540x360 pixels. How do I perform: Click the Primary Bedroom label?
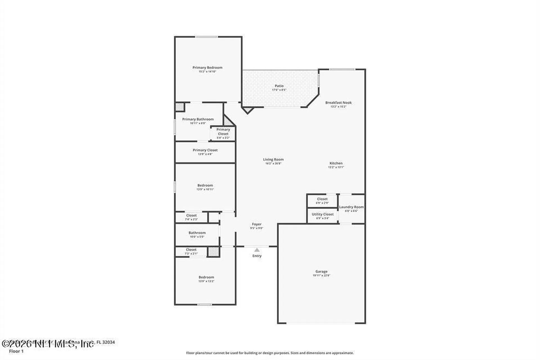(x=207, y=67)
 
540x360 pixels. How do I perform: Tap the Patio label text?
(x=279, y=86)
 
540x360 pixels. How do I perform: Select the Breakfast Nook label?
(x=338, y=103)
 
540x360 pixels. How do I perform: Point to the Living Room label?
(x=273, y=159)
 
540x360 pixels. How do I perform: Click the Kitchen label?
(x=336, y=163)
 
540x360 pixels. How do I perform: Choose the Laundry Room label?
(x=351, y=207)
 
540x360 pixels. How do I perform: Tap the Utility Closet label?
(x=323, y=214)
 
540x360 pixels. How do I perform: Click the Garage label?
(x=321, y=271)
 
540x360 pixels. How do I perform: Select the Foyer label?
(x=256, y=224)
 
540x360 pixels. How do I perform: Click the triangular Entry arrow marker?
(x=257, y=250)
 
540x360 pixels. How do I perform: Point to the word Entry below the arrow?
(x=257, y=256)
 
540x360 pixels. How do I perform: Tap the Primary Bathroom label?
(x=198, y=119)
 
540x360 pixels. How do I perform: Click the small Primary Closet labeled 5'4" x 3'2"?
(x=223, y=132)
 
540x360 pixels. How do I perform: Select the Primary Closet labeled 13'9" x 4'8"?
(x=205, y=150)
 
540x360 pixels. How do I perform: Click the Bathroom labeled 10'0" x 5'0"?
(x=197, y=233)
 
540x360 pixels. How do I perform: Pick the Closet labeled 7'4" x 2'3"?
(x=191, y=215)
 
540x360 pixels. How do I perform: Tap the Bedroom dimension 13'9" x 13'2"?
(x=206, y=281)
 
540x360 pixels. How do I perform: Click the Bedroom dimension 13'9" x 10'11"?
(x=205, y=189)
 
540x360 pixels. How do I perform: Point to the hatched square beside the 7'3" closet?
(x=213, y=251)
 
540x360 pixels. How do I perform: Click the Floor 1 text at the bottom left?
(x=16, y=351)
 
